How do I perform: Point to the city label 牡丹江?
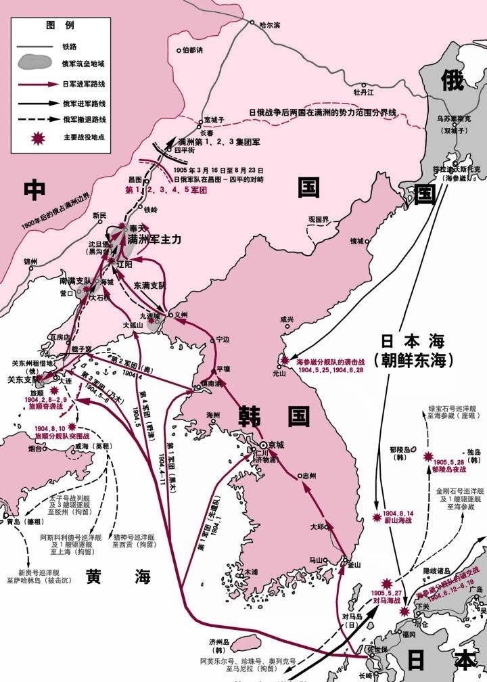click(x=363, y=91)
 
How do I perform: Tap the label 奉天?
click(x=137, y=229)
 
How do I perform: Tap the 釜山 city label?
click(x=354, y=564)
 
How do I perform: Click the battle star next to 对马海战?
click(x=387, y=583)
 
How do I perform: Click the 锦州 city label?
click(x=31, y=261)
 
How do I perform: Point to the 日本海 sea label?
click(x=412, y=341)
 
